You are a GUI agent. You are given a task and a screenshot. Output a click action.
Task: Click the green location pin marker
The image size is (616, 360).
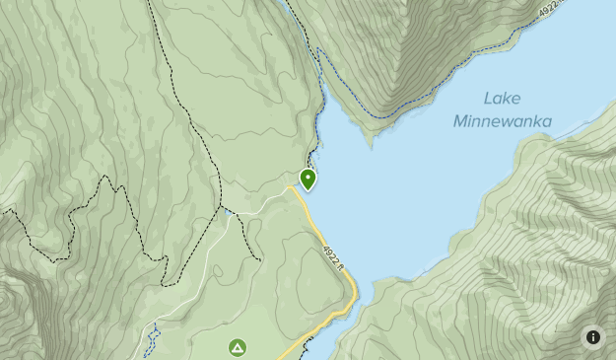tap(308, 180)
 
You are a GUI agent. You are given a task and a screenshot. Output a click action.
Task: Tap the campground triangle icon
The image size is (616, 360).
tap(237, 347)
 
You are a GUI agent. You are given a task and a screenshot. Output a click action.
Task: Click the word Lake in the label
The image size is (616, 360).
tap(502, 99)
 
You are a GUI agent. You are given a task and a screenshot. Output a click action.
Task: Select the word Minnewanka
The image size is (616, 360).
tap(503, 121)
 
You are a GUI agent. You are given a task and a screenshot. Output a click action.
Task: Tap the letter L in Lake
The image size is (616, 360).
tap(487, 99)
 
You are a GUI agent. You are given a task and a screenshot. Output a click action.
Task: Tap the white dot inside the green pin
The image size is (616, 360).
tap(308, 178)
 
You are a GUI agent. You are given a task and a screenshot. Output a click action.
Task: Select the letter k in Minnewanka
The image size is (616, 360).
tap(533, 121)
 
